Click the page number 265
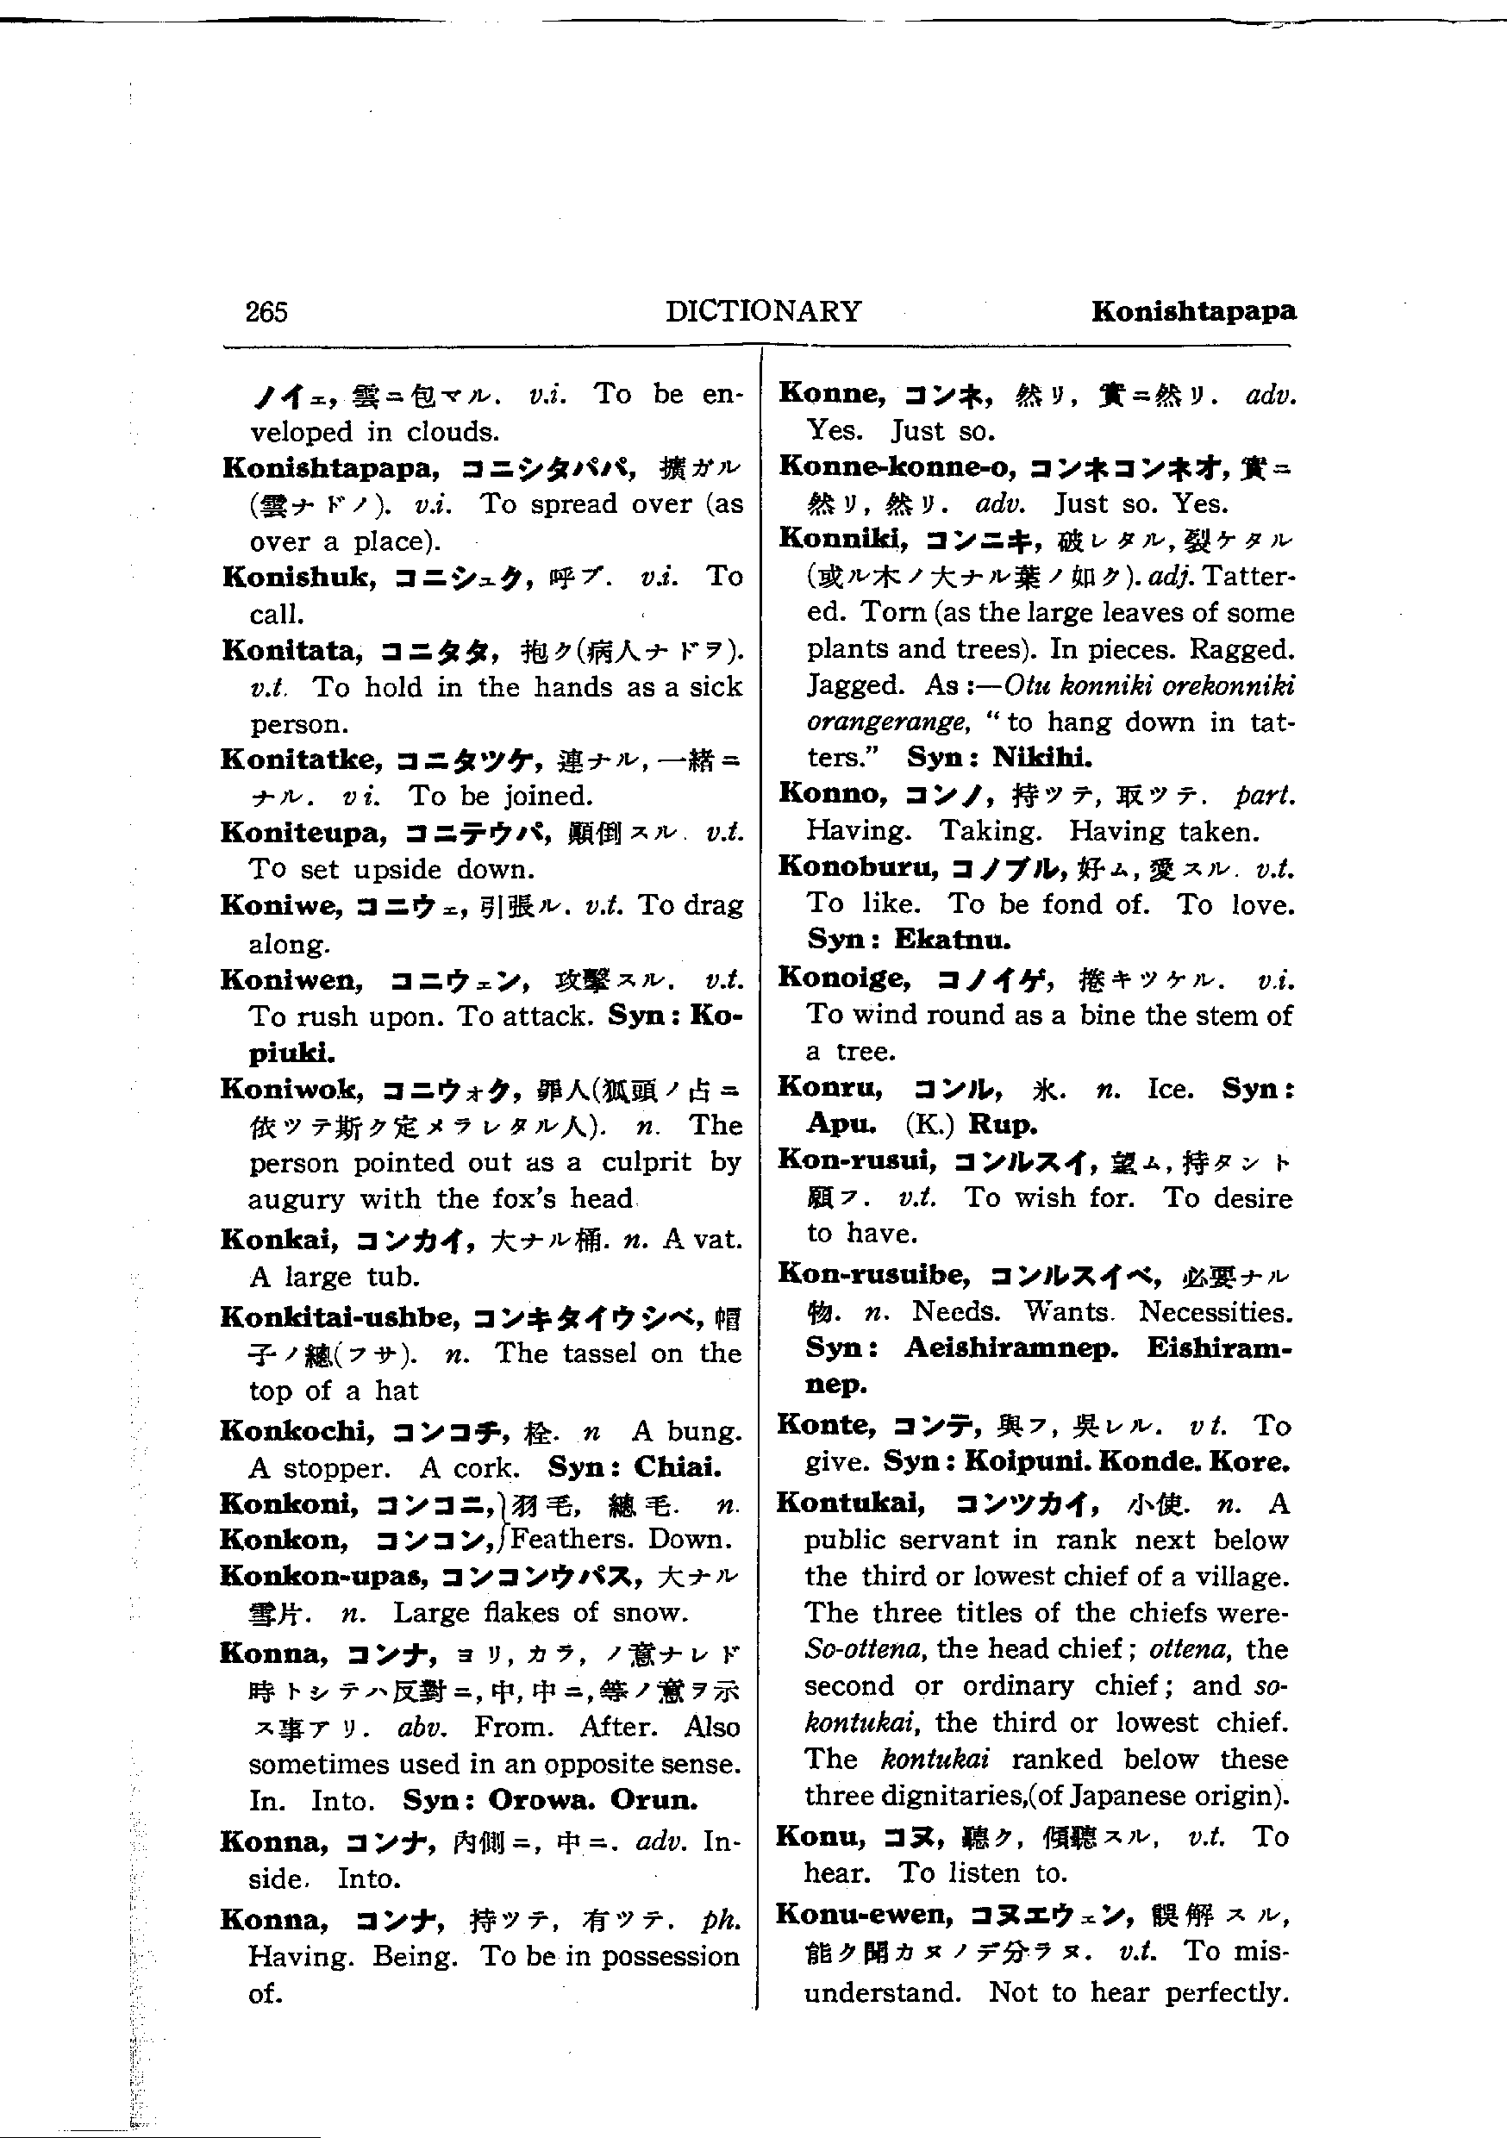[x=266, y=311]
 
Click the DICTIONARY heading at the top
[x=763, y=311]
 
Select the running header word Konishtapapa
[x=1193, y=311]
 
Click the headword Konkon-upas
[x=323, y=1576]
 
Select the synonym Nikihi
[x=1041, y=757]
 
